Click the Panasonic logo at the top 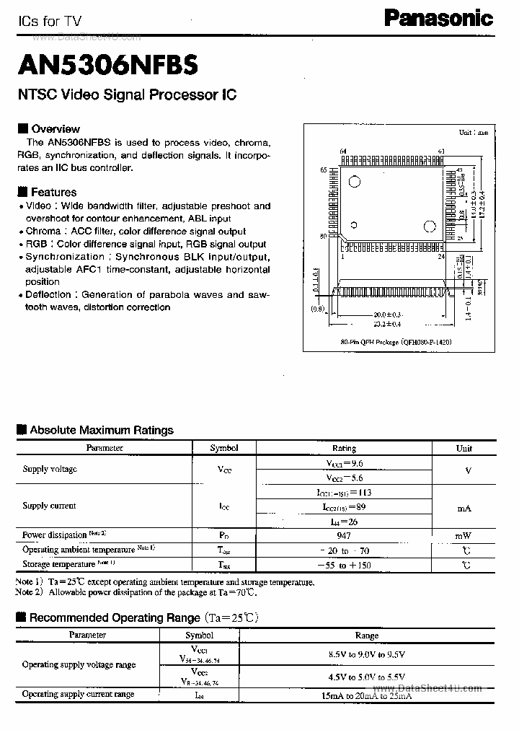click(x=438, y=18)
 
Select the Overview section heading click(x=55, y=129)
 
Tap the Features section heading click(x=53, y=192)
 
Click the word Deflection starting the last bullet click(x=48, y=294)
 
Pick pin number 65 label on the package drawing click(x=323, y=170)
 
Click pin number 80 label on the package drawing click(x=323, y=235)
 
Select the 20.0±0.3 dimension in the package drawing click(x=388, y=315)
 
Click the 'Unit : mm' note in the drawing click(x=473, y=133)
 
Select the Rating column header click(x=344, y=448)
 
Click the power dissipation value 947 click(x=344, y=535)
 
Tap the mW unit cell click(x=464, y=535)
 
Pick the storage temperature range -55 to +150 click(x=344, y=565)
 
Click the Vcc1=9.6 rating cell click(x=344, y=463)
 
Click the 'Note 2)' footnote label click(x=29, y=592)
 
